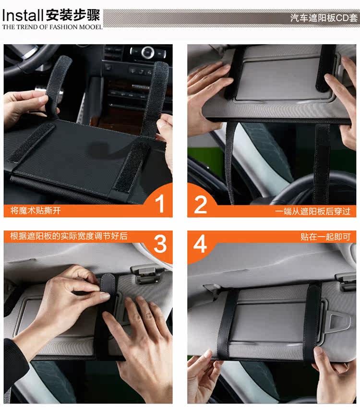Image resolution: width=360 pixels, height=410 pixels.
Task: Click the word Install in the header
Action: pos(23,15)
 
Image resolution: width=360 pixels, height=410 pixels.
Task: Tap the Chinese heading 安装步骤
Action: pos(73,15)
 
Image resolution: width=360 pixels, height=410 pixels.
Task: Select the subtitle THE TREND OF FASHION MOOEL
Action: pos(52,27)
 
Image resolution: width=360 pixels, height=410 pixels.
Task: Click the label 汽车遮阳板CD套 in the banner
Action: pos(324,18)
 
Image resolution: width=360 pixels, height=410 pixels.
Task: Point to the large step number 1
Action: pos(160,203)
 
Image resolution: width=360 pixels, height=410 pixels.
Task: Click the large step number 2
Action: pos(201,205)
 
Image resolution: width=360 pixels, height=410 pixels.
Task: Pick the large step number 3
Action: pos(160,243)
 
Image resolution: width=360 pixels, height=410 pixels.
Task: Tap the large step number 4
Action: pos(200,244)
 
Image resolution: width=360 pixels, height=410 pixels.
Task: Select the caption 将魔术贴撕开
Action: pos(36,210)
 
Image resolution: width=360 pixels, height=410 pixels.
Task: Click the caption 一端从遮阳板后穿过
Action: pos(312,211)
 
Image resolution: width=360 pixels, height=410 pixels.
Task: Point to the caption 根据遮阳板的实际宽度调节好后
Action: pos(69,236)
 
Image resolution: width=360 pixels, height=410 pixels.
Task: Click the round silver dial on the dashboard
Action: pos(147,52)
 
